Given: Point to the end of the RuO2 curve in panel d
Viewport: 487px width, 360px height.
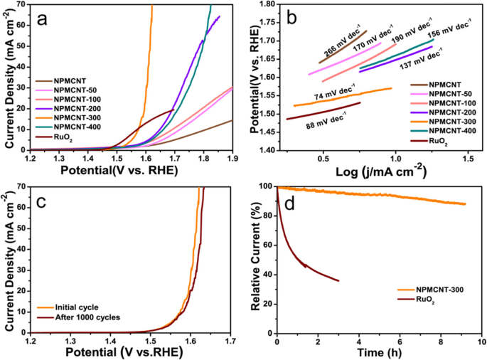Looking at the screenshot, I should [x=338, y=281].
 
